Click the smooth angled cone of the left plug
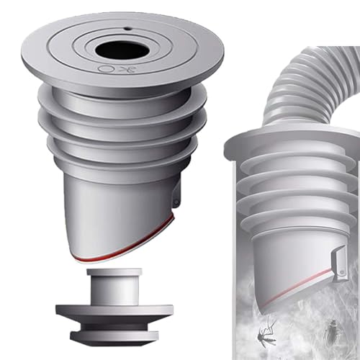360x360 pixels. (x=115, y=209)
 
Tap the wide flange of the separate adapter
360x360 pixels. (x=114, y=310)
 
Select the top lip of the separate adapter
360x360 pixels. (x=114, y=272)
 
